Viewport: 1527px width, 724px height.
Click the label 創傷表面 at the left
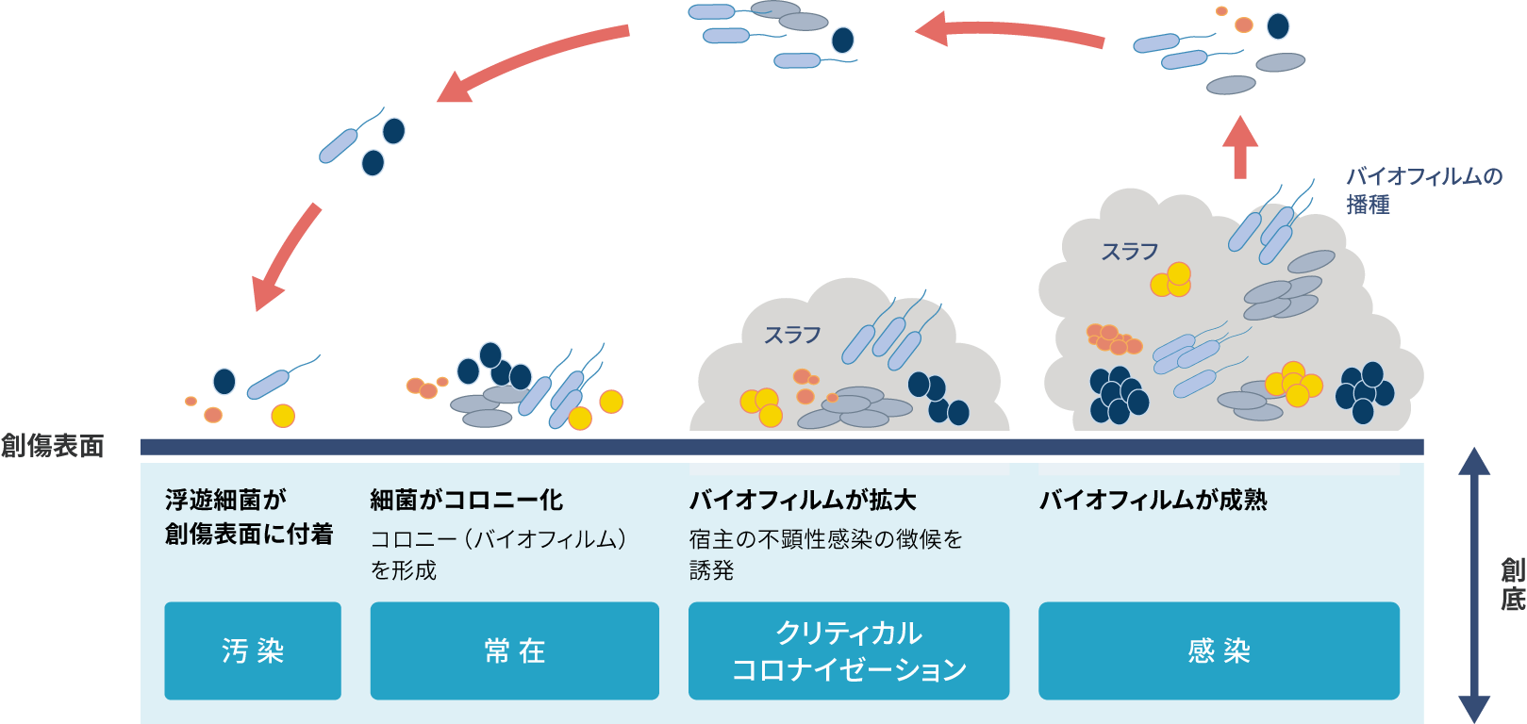[x=53, y=446]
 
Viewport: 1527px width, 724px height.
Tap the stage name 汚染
[x=253, y=650]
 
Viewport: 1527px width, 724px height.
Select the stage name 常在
[x=515, y=650]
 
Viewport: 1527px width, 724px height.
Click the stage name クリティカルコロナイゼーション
[x=849, y=650]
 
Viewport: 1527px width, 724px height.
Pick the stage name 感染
[x=1219, y=650]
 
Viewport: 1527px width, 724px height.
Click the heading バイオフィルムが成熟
[x=1153, y=500]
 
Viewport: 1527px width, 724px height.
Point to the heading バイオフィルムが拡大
[x=803, y=500]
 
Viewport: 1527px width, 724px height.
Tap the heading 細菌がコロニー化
[x=467, y=500]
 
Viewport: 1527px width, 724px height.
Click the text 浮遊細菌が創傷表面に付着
[x=248, y=517]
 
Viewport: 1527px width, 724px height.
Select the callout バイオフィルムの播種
[x=1422, y=189]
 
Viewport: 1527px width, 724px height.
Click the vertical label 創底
[x=1512, y=584]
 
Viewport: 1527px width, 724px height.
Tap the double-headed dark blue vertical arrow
[x=1474, y=584]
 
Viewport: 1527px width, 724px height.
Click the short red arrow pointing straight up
[x=1240, y=147]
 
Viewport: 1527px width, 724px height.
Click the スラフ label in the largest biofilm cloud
[x=1129, y=252]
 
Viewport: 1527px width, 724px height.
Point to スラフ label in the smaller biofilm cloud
[x=792, y=335]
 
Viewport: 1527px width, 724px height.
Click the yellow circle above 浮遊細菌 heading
[x=283, y=415]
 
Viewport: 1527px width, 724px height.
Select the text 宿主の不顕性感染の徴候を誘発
[x=825, y=554]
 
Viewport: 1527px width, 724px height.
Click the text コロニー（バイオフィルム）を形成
[x=497, y=554]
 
